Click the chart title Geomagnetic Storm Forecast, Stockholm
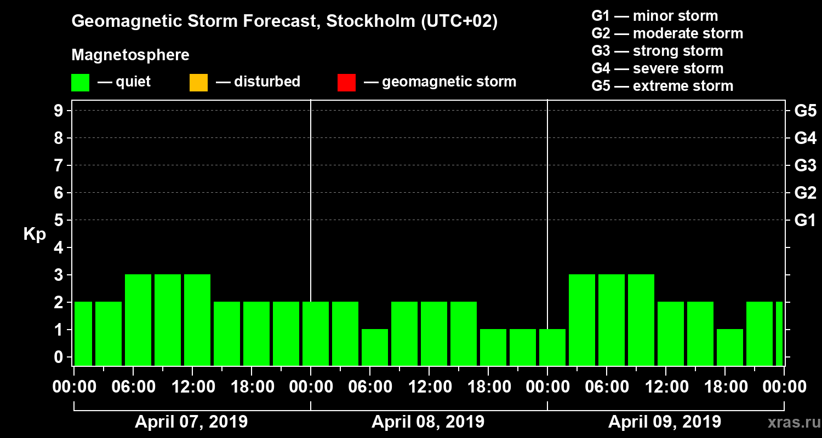pos(284,22)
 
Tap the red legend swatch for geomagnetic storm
pos(346,82)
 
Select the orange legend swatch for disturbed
pos(198,82)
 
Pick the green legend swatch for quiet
pos(80,82)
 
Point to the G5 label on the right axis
pos(805,111)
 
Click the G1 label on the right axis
pos(805,221)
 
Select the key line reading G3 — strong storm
pos(657,51)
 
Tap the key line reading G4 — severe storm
pos(657,68)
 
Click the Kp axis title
pos(35,234)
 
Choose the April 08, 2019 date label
pos(428,422)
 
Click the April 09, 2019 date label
pos(665,422)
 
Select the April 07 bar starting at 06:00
pos(138,320)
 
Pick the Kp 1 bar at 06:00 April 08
pos(375,347)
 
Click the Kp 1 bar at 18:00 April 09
pos(730,347)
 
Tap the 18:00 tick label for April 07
pos(252,387)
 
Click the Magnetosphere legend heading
pos(130,55)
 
